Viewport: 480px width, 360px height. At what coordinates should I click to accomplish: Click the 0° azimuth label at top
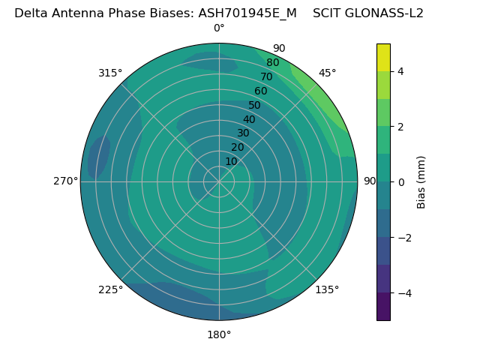pos(219,28)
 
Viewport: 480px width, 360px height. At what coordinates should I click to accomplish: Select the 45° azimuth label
pos(327,73)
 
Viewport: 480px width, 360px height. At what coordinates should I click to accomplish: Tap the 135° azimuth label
pos(327,289)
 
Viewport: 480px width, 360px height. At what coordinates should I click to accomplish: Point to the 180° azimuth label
pos(219,334)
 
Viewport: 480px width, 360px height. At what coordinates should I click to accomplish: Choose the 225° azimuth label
pos(110,289)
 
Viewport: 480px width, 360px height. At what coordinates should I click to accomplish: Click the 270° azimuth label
pos(65,181)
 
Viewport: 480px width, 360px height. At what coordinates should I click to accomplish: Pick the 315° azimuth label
pos(110,73)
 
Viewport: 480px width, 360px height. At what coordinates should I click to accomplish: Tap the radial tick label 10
pos(231,161)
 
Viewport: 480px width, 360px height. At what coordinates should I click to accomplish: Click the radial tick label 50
pos(255,105)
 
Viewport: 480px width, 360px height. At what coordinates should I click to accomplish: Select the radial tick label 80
pos(273,63)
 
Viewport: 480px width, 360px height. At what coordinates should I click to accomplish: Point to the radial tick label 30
pos(243,133)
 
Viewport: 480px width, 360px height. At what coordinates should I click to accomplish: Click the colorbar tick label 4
pos(401,71)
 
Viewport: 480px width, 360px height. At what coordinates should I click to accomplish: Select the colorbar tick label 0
pos(401,181)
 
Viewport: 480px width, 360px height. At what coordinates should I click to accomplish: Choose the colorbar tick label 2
pos(401,127)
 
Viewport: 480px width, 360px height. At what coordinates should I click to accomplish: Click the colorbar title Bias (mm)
pos(421,181)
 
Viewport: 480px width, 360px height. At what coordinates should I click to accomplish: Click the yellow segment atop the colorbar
pos(383,57)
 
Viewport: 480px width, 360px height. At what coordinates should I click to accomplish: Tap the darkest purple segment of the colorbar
pos(383,306)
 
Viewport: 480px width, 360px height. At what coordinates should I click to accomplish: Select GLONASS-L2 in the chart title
pos(382,13)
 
